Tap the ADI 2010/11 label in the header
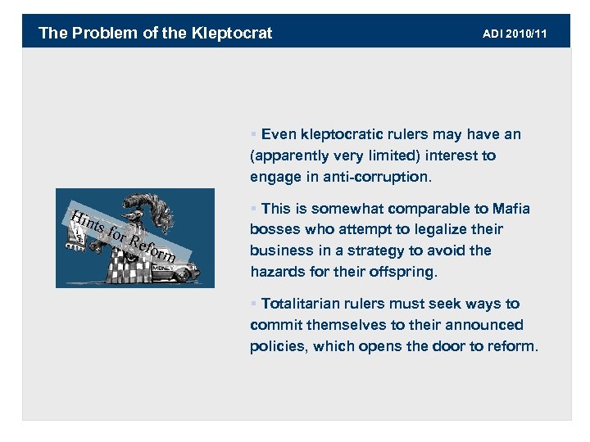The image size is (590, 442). (x=515, y=34)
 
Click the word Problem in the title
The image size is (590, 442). (x=98, y=34)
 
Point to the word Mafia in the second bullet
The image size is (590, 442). (x=510, y=209)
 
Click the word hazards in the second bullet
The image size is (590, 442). (x=275, y=272)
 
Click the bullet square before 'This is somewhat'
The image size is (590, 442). (x=254, y=210)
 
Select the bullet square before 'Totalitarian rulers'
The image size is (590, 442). (x=254, y=304)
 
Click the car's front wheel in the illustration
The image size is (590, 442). (x=182, y=277)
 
